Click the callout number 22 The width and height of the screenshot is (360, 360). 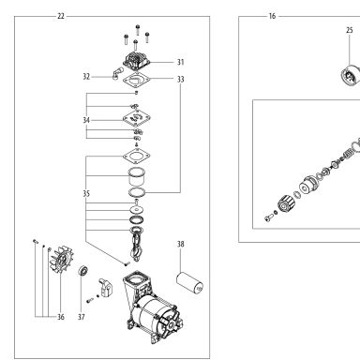click(61, 16)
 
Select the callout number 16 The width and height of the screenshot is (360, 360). click(272, 16)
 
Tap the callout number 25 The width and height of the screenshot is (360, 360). click(350, 30)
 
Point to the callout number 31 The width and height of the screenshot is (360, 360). click(181, 62)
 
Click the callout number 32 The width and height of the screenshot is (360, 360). click(86, 77)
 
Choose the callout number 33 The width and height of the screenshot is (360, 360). click(181, 80)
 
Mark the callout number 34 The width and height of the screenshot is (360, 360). click(86, 120)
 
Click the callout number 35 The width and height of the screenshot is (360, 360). click(86, 194)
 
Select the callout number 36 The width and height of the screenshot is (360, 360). click(61, 317)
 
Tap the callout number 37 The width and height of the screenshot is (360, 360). click(82, 317)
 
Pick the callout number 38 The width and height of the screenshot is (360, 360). click(181, 244)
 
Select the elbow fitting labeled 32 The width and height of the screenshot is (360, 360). click(115, 73)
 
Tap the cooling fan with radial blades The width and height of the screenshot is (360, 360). click(61, 260)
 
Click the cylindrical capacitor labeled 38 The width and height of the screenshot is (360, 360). click(190, 282)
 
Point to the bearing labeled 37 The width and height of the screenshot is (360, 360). click(83, 271)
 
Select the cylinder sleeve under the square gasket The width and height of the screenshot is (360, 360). click(137, 176)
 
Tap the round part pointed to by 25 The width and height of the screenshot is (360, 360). click(351, 76)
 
